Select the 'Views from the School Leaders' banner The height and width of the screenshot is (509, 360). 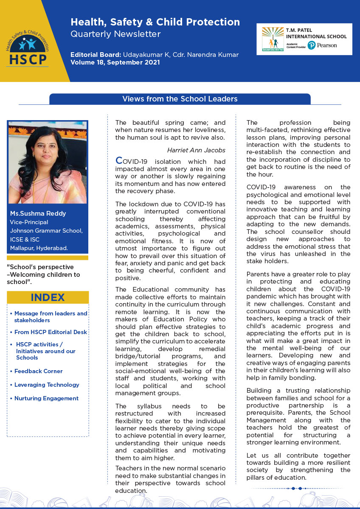click(180, 99)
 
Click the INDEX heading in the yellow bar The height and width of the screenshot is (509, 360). click(48, 297)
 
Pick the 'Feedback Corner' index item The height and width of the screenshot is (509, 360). click(38, 371)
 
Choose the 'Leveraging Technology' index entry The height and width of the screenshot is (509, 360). click(47, 385)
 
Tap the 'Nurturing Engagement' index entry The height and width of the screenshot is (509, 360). click(46, 398)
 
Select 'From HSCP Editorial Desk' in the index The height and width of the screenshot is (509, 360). click(51, 332)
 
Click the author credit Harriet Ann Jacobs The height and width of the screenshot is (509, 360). click(197, 150)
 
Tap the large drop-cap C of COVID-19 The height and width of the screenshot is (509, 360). click(119, 161)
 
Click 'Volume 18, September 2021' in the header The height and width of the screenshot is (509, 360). click(115, 62)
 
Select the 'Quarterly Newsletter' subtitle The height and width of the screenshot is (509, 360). click(115, 34)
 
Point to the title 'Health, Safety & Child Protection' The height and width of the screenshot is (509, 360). click(155, 22)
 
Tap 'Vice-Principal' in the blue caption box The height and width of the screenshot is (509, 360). click(29, 222)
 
